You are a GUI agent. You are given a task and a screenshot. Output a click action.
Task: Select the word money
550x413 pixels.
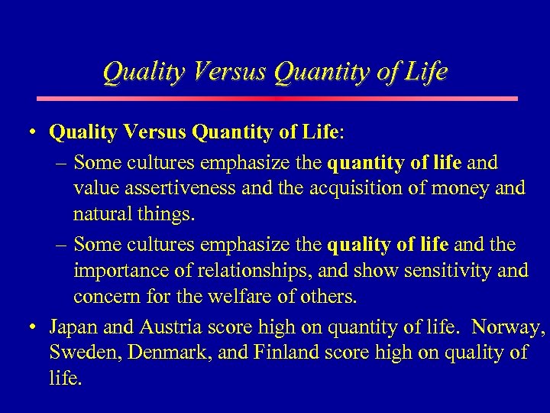click(x=456, y=188)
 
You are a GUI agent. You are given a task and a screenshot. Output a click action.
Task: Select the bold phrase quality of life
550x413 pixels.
click(x=389, y=246)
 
